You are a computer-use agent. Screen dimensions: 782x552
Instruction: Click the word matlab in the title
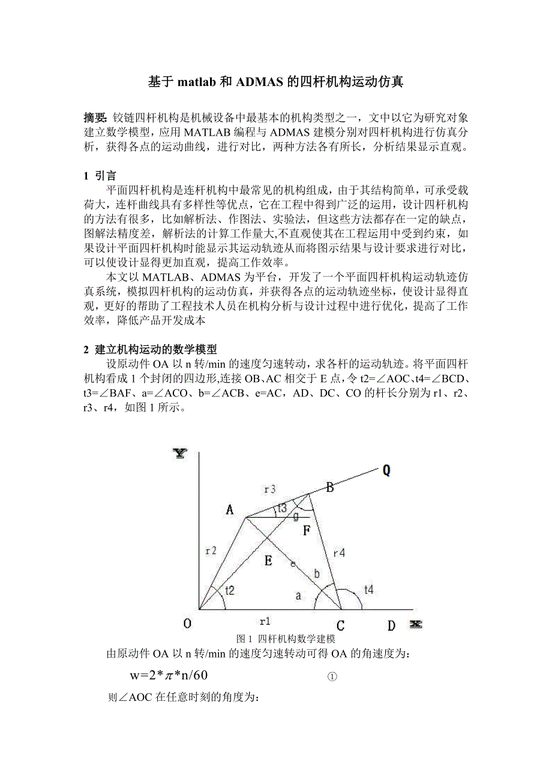[x=197, y=82]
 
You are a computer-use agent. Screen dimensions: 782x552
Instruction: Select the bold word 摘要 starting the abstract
[x=95, y=117]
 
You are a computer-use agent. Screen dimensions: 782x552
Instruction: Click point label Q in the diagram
[x=386, y=470]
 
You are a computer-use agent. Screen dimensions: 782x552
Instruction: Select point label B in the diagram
[x=329, y=487]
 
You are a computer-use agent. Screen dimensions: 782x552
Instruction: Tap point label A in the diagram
[x=230, y=510]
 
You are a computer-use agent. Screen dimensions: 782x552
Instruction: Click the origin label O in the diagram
[x=187, y=625]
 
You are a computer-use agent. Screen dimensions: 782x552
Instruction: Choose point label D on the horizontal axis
[x=391, y=625]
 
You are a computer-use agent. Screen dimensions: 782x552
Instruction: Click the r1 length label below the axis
[x=265, y=620]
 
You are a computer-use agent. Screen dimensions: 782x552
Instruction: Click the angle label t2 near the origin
[x=230, y=591]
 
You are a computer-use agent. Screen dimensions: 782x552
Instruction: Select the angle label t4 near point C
[x=368, y=590]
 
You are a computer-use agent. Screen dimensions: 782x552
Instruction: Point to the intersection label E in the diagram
[x=268, y=562]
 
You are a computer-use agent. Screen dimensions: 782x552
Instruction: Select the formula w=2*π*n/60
[x=169, y=676]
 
